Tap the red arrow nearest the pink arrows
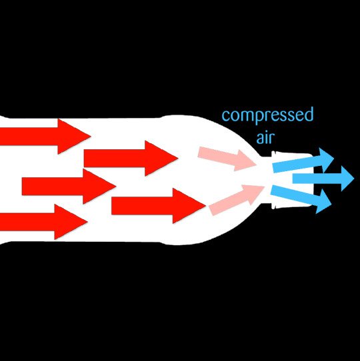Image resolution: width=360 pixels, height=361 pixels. pos(157,206)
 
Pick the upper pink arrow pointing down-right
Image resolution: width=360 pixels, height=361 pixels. pos(227,157)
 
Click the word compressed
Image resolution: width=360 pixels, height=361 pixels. pos(267,116)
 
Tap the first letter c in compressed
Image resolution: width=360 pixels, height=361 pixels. pos(226,117)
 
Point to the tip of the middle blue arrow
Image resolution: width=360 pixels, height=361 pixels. pos(353,178)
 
